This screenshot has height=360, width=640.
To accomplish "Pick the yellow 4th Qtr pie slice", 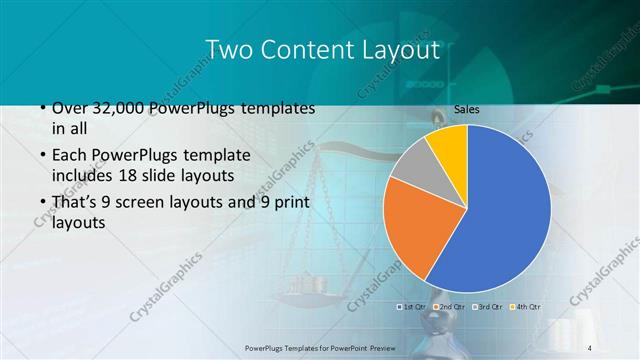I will [449, 145].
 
